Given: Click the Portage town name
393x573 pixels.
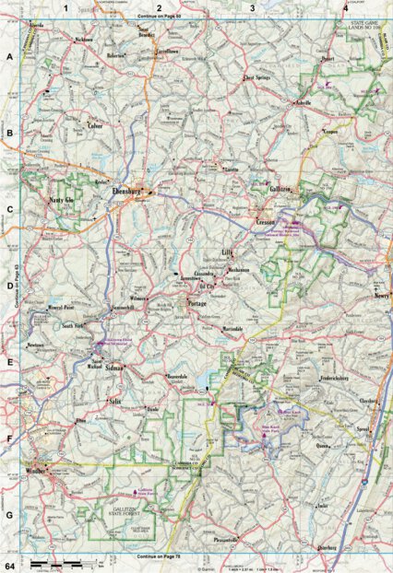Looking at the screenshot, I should pyautogui.click(x=196, y=303).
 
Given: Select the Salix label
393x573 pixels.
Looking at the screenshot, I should pyautogui.click(x=114, y=403).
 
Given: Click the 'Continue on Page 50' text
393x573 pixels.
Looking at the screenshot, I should pyautogui.click(x=157, y=17).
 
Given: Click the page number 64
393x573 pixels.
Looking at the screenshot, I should pyautogui.click(x=9, y=563).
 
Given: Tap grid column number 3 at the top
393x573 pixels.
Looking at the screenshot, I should pyautogui.click(x=252, y=8).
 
